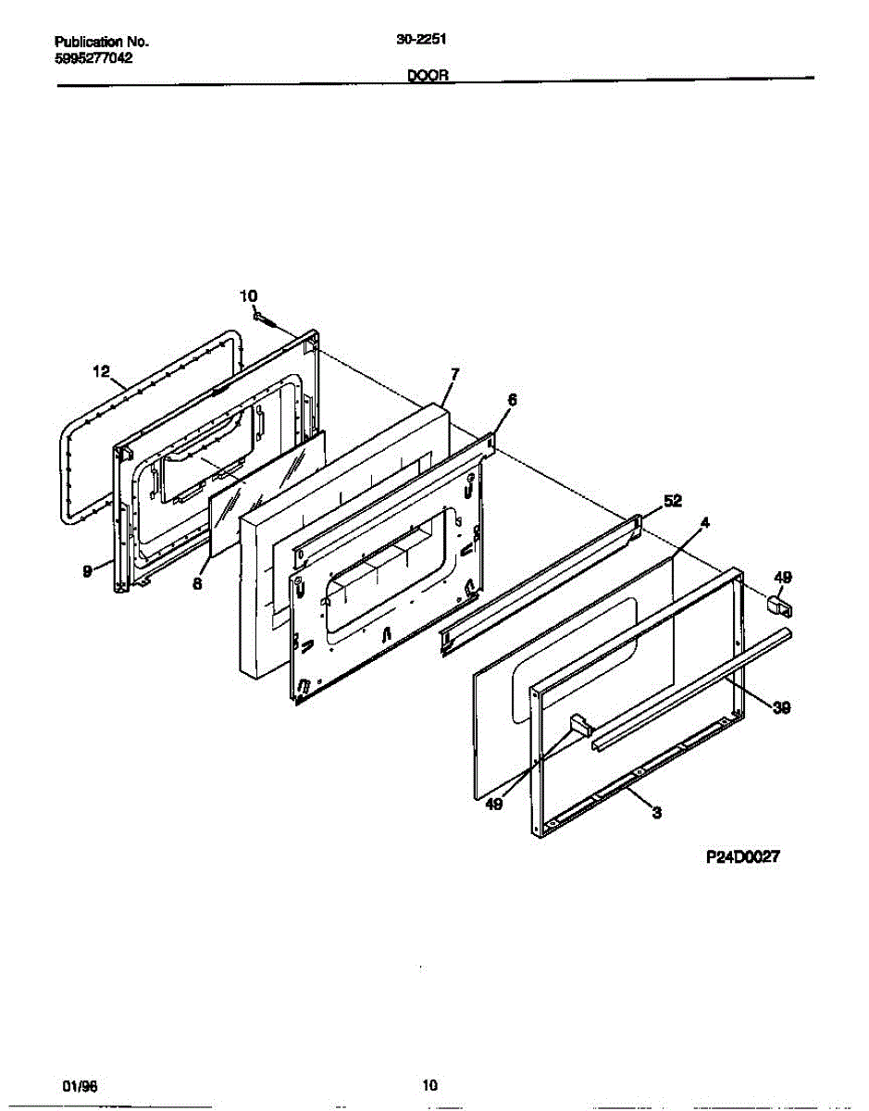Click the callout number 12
point(101,372)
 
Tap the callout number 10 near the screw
point(249,296)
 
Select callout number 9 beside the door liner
point(87,572)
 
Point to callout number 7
point(454,374)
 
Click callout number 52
point(672,501)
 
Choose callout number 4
point(705,523)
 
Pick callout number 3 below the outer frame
point(657,814)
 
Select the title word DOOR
point(428,79)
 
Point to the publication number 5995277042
point(93,57)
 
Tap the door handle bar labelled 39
point(689,685)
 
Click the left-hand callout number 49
point(494,805)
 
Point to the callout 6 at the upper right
point(512,400)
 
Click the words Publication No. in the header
point(102,43)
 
